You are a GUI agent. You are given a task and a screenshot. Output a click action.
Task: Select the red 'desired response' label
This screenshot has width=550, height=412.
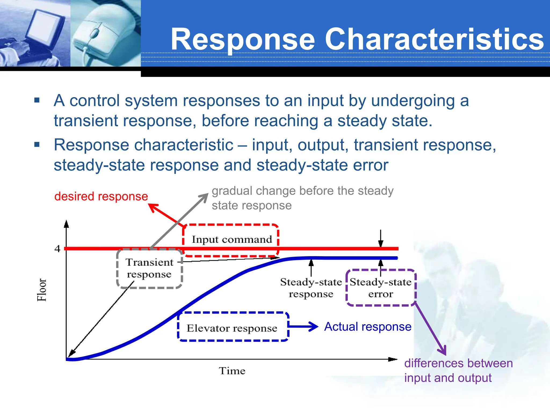coord(101,196)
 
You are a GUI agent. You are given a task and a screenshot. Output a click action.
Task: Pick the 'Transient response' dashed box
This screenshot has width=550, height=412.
coord(149,268)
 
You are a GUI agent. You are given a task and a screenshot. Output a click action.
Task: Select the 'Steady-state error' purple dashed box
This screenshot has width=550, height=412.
coord(381,288)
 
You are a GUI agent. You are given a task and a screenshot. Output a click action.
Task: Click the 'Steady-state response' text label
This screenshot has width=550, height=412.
coord(311,288)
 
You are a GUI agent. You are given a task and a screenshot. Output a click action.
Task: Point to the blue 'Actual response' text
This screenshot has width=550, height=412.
coord(368,327)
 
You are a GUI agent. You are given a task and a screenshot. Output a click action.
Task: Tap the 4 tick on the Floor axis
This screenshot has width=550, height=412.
coord(57,249)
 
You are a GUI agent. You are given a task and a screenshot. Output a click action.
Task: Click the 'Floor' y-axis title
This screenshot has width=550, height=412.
coord(42,290)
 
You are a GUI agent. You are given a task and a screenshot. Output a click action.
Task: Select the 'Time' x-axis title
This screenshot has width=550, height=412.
coord(232,371)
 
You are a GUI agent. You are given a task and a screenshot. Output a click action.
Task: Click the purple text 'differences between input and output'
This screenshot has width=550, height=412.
coord(458,370)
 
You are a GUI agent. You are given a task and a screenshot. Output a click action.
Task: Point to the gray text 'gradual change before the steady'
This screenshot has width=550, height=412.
coord(302,191)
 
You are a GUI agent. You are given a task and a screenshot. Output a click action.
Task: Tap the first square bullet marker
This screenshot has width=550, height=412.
coord(37,101)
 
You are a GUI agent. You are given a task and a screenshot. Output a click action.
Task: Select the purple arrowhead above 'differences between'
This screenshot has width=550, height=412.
coord(443,351)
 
